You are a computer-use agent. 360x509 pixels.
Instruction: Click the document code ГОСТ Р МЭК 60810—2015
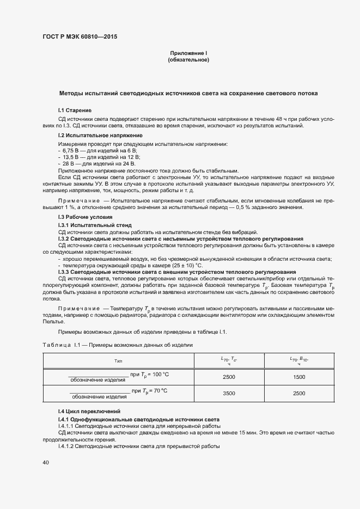[x=80, y=37]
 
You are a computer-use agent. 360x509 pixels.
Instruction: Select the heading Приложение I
[x=188, y=53]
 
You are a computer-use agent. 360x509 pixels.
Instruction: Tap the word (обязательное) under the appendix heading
[x=188, y=60]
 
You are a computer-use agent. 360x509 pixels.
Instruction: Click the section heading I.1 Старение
[x=75, y=111]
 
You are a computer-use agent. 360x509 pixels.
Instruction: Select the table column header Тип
[x=119, y=360]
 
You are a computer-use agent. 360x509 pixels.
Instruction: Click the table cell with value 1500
[x=299, y=377]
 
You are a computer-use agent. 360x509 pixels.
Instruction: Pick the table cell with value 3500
[x=229, y=393]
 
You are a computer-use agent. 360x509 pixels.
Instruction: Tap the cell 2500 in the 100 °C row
[x=229, y=377]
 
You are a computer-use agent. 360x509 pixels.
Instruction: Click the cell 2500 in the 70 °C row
[x=299, y=393]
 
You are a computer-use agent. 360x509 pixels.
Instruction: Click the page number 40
[x=46, y=462]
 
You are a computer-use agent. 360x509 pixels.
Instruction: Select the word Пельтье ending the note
[x=53, y=322]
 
